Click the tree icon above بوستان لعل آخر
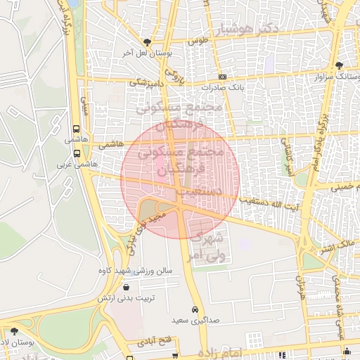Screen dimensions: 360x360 [x=146, y=42]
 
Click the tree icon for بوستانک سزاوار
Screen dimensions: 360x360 [x=340, y=65]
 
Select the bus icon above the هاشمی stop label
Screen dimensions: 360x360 [x=76, y=129]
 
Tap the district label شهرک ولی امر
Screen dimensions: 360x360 [x=207, y=244]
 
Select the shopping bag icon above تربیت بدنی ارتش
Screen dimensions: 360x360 [x=126, y=287]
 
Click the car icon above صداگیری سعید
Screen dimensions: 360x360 [x=195, y=309]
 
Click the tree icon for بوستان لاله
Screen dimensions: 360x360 [x=14, y=331]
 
